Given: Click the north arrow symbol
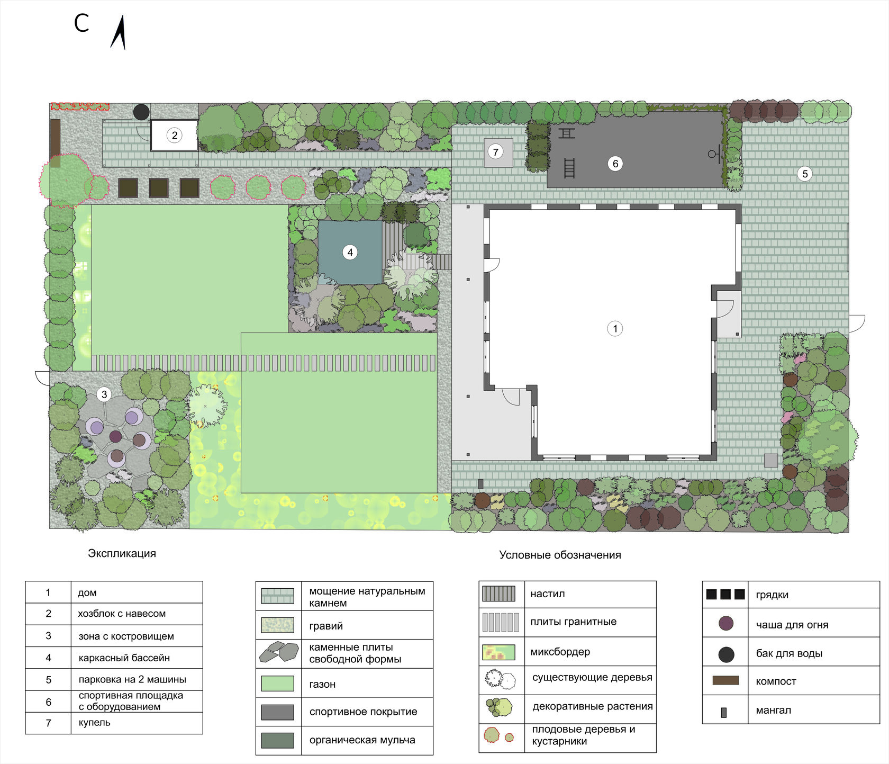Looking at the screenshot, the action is (119, 33).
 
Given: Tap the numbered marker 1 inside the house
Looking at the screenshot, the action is (615, 329).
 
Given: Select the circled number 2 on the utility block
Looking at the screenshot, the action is (175, 135).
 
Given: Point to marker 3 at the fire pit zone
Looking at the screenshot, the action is (104, 394).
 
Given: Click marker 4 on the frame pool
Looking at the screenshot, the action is (350, 253).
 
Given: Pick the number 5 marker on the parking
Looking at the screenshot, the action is (805, 174).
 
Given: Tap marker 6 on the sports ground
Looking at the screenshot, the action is (615, 164).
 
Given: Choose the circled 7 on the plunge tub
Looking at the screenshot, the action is (495, 152).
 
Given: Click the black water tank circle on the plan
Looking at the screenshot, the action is (141, 112).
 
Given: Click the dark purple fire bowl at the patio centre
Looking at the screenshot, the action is (115, 437).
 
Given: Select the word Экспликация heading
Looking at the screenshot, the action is (122, 553).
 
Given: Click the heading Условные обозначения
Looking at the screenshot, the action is (560, 555).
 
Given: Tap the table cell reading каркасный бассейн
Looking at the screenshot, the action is (137, 658).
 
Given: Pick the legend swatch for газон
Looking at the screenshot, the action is (277, 683).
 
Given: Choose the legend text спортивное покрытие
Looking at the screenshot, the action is (363, 712).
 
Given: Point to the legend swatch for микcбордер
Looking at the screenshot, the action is (498, 652).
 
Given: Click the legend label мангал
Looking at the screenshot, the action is (773, 710).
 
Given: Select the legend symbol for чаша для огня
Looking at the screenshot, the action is (726, 624).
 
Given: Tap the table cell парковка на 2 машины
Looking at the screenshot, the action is (137, 679).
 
